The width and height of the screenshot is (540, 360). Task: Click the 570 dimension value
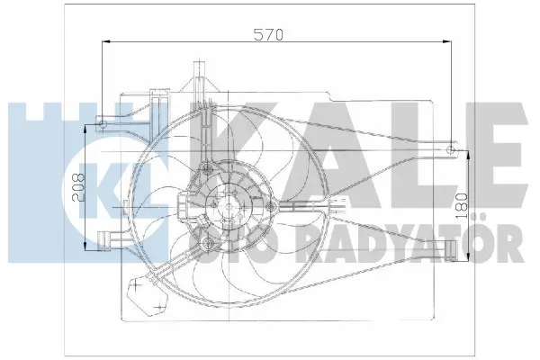[268, 34]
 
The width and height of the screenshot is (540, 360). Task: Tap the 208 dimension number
[78, 188]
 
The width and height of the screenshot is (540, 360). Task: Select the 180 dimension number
[463, 206]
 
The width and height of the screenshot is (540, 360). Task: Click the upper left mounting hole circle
[103, 124]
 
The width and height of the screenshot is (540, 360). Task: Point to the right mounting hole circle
[451, 150]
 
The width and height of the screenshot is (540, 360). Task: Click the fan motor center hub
[229, 207]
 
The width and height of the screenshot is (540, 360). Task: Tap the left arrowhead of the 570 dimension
[106, 41]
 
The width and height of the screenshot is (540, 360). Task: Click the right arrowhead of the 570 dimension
[447, 41]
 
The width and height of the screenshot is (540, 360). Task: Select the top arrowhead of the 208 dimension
[85, 129]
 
